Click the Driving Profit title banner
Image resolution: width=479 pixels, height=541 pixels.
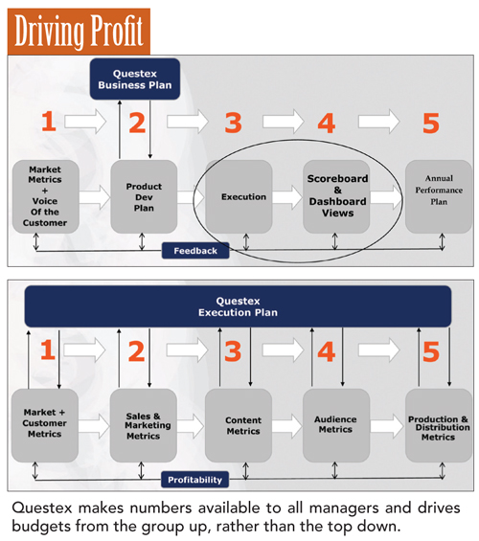79,32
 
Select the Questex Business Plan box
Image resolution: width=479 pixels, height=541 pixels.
135,79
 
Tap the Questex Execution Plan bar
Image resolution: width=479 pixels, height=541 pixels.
238,306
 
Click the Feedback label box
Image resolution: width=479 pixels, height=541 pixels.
195,251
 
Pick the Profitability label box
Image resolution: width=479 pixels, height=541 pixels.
195,480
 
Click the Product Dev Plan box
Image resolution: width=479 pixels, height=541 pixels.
144,196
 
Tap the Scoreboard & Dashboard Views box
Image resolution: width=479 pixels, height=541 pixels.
336,196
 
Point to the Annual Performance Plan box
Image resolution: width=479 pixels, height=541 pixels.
439,196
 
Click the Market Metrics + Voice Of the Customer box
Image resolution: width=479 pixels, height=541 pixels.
46,196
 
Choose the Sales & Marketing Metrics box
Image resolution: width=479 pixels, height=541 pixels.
144,425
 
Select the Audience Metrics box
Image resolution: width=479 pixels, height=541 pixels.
336,425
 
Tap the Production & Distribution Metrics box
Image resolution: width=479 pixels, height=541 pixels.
439,425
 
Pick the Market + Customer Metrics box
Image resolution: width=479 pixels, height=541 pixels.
45,425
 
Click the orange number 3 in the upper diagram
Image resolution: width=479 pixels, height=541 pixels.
234,123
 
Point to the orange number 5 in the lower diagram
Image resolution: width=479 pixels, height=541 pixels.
431,352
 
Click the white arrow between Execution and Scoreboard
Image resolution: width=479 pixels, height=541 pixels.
287,197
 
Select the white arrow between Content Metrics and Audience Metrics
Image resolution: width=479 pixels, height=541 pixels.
287,426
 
